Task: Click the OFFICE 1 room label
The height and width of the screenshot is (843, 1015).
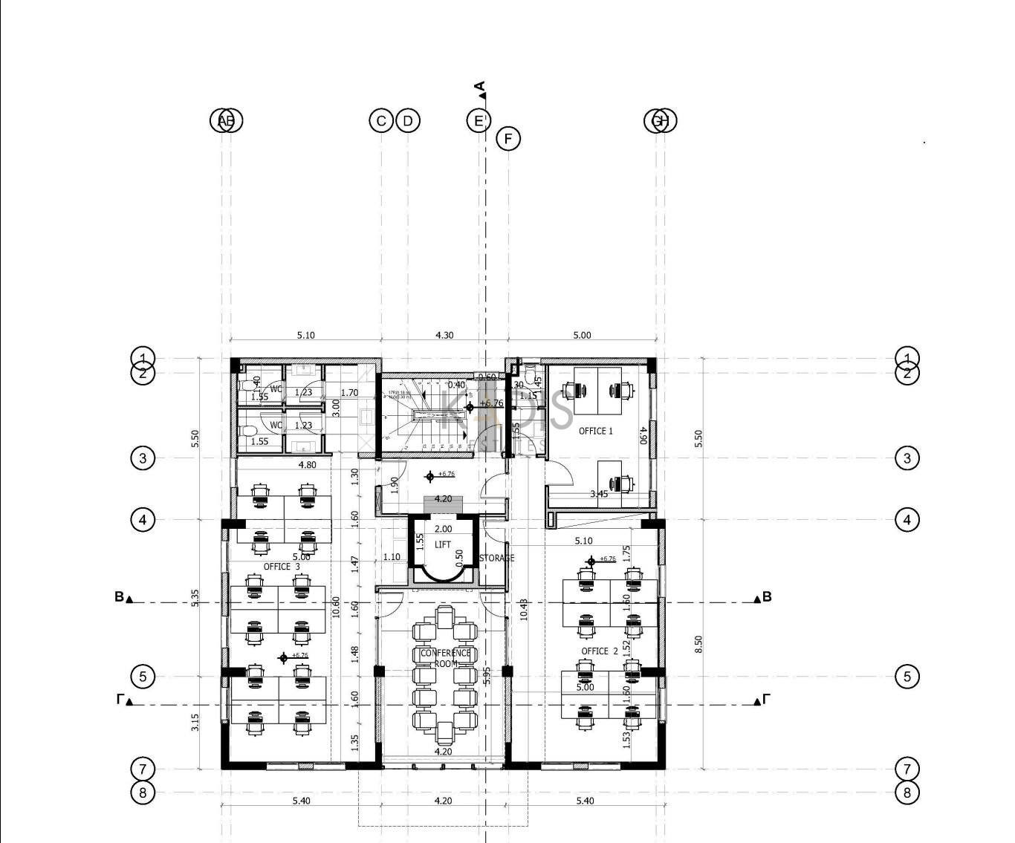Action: tap(596, 431)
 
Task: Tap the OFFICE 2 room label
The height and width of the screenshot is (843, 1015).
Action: tap(600, 651)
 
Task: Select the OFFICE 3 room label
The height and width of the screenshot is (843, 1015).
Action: tap(282, 567)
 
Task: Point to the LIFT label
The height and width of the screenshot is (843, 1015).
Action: tap(443, 544)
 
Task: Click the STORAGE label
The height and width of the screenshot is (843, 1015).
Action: tap(497, 559)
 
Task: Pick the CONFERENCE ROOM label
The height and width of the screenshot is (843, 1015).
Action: tap(445, 658)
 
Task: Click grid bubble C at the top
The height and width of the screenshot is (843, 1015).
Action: tap(381, 120)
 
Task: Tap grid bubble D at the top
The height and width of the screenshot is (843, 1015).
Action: tap(408, 120)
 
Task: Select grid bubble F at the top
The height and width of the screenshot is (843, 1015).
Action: tap(508, 139)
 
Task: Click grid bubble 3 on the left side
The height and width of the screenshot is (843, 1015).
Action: tap(143, 458)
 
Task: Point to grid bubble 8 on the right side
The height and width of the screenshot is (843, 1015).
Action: tap(907, 792)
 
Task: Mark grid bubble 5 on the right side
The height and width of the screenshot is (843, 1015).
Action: tap(907, 677)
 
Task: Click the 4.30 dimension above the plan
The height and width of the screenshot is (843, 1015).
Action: tap(444, 336)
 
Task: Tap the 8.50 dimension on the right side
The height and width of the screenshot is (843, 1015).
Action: tap(698, 644)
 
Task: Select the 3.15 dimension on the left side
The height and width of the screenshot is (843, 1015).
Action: tap(195, 722)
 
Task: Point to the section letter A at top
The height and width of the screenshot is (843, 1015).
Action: tap(480, 86)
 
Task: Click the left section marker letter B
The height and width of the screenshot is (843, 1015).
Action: tap(119, 596)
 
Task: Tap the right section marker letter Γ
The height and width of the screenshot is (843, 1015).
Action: tap(766, 699)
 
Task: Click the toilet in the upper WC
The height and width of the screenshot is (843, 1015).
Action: tap(248, 386)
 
